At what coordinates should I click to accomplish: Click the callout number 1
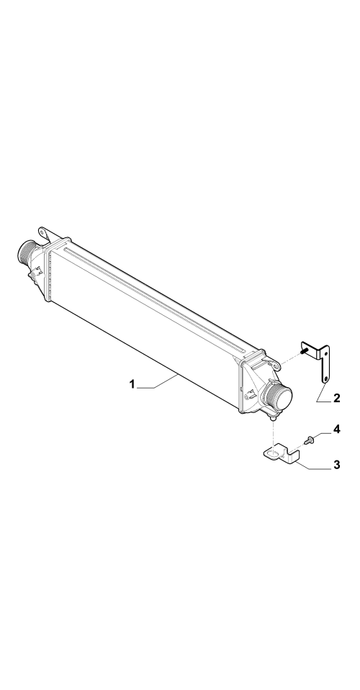coord(132,384)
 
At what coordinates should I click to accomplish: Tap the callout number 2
coord(337,399)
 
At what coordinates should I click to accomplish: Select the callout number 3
coord(337,465)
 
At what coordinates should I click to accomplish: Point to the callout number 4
coord(337,429)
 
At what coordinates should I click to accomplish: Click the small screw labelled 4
coord(309,440)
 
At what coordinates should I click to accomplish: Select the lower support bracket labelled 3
coord(282,455)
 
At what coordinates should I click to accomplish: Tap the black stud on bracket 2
coord(304,351)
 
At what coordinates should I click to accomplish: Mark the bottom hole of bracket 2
coord(325,378)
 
